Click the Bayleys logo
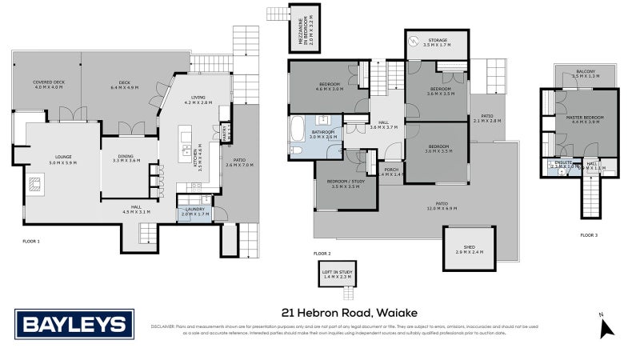click(74, 325)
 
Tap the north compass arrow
click(606, 328)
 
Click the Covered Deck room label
click(48, 84)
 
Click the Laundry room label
click(195, 212)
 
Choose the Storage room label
click(437, 42)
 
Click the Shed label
click(470, 250)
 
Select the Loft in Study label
click(337, 274)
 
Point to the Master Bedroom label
click(583, 120)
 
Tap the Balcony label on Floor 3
click(586, 73)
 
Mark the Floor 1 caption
click(32, 240)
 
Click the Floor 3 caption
click(589, 235)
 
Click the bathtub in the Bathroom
click(298, 128)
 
